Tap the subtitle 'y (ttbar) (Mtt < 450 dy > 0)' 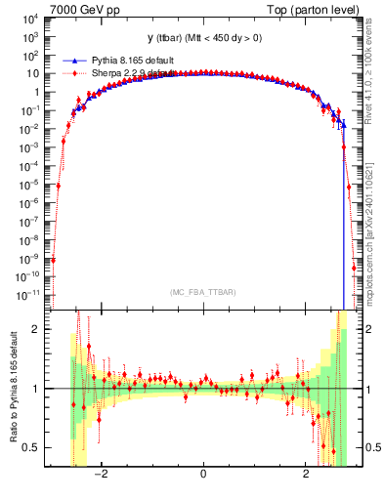[202, 38]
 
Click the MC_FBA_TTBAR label [202, 292]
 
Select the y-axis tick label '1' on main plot [37, 92]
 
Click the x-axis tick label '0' [202, 476]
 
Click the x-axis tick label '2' [307, 476]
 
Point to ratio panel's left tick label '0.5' [31, 448]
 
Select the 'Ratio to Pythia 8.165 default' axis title [12, 388]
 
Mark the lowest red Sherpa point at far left [53, 260]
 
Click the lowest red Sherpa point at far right [354, 267]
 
